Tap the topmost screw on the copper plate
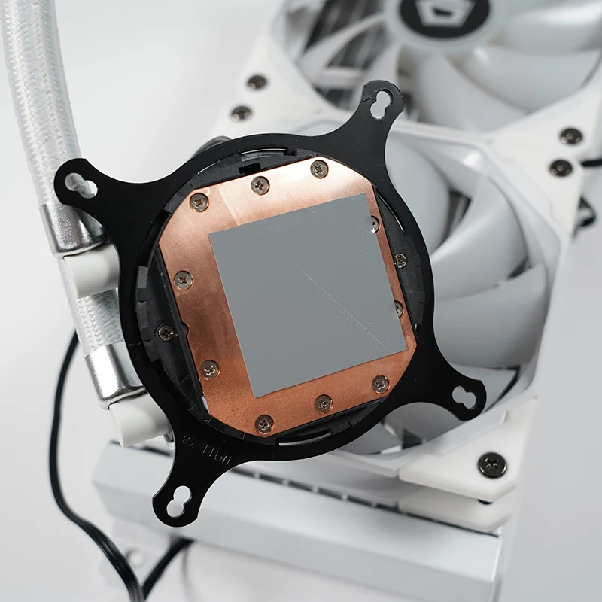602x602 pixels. click(x=319, y=168)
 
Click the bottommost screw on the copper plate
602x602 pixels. click(x=264, y=424)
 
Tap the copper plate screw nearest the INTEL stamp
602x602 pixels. click(x=264, y=424)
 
